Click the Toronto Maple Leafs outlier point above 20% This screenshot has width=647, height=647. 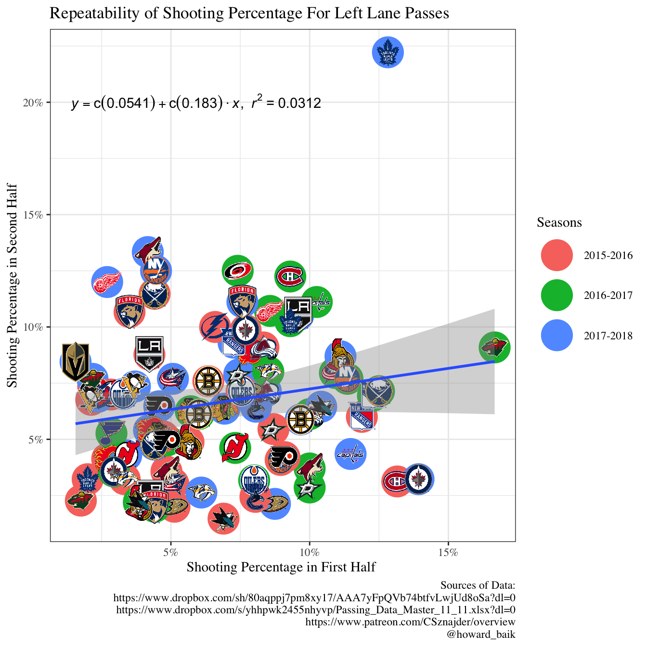[x=388, y=52]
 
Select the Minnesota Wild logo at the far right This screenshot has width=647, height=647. [x=494, y=347]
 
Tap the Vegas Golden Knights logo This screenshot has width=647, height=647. [x=76, y=362]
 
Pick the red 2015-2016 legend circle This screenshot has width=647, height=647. [x=556, y=255]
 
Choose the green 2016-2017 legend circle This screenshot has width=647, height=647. [x=556, y=295]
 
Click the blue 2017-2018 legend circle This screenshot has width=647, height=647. [x=556, y=335]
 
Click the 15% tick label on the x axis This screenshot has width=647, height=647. [x=448, y=552]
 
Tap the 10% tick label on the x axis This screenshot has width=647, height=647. [x=310, y=552]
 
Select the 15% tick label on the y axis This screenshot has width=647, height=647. [x=34, y=215]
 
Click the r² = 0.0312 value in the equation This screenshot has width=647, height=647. [x=286, y=103]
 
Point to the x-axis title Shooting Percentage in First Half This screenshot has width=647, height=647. [x=281, y=567]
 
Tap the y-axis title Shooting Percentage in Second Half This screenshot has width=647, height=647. [x=13, y=285]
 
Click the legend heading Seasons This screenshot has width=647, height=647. [x=559, y=222]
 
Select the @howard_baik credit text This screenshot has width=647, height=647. [x=481, y=634]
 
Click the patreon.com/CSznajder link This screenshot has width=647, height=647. [x=410, y=622]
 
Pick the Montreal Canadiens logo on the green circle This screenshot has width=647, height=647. [x=290, y=276]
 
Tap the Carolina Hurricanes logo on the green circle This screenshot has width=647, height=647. [x=238, y=271]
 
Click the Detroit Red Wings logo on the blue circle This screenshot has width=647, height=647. [x=107, y=282]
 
